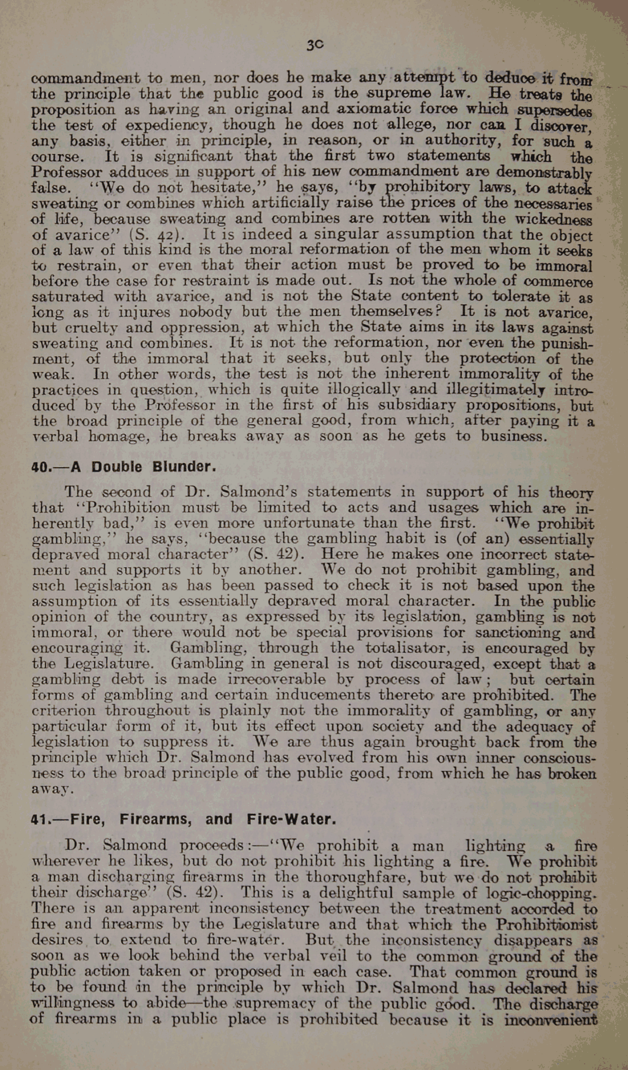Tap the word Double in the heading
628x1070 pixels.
117,467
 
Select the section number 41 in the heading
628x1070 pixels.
38,819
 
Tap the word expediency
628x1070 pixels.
168,125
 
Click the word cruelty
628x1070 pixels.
85,328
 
